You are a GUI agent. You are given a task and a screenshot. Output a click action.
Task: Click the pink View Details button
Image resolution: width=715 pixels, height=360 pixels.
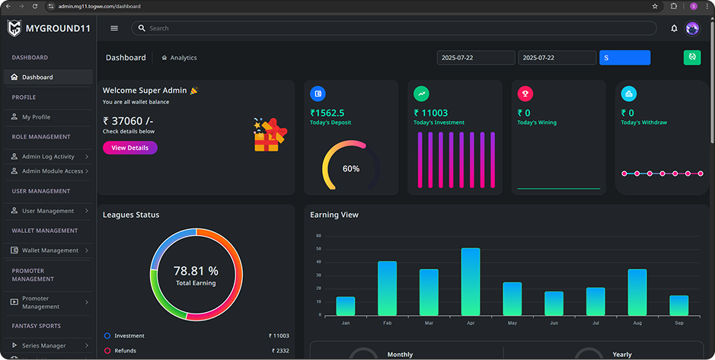tap(130, 148)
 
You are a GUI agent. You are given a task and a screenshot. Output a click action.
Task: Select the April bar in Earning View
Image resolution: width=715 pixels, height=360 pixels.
tap(471, 282)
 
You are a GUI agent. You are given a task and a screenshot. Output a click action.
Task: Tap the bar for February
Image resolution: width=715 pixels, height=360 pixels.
tap(387, 288)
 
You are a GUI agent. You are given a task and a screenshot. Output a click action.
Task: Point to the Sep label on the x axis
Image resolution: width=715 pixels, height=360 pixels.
tap(679, 323)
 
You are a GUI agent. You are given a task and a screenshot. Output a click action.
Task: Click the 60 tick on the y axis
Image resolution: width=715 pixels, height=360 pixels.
tap(319, 236)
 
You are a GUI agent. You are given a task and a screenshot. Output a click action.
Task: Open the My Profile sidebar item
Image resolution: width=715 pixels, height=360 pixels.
tap(36, 117)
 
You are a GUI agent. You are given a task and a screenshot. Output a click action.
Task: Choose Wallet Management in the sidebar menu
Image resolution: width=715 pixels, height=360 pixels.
tap(49, 250)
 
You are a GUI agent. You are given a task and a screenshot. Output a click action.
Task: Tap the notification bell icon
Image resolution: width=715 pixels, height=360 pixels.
tap(674, 28)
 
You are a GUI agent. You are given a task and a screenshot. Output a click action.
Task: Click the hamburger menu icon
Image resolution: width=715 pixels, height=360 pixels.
tap(114, 28)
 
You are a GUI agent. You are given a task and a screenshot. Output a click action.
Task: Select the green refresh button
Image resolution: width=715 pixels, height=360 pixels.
tap(691, 57)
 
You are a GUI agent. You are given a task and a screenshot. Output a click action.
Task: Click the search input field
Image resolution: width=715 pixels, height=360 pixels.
tap(394, 28)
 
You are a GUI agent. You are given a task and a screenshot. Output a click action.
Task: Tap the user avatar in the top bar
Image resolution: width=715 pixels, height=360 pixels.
tap(692, 28)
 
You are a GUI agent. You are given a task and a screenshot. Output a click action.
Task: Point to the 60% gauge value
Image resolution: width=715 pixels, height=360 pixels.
tap(351, 169)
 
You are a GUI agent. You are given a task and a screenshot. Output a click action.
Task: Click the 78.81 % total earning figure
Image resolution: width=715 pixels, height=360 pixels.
tap(196, 271)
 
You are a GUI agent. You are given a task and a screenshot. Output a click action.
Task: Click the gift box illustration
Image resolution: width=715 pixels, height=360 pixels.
tap(270, 135)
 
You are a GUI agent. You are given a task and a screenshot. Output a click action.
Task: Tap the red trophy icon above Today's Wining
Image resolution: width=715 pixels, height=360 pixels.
tap(525, 94)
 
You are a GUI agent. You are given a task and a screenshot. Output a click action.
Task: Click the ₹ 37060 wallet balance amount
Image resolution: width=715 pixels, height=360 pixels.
tap(128, 121)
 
